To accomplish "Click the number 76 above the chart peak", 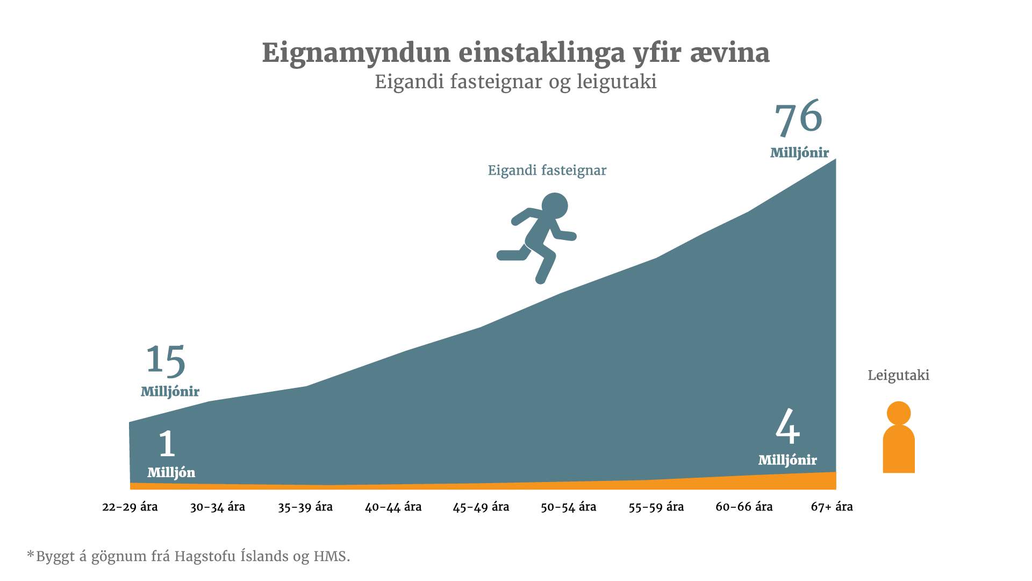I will [798, 118].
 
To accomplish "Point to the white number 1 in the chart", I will [167, 444].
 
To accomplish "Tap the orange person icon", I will [899, 438].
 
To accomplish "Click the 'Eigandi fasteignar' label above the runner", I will [547, 171].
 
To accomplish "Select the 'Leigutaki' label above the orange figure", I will [898, 375].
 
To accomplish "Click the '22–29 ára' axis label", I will [130, 507].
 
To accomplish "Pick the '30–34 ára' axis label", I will [218, 507].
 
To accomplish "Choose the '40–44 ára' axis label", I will [393, 507].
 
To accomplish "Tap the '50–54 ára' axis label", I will [568, 507].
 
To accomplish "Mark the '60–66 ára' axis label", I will [744, 507].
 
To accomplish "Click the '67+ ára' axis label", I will [832, 507].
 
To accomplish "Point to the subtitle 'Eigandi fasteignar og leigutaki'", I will [515, 82].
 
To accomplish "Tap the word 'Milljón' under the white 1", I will [171, 473].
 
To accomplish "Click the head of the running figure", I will [555, 206].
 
